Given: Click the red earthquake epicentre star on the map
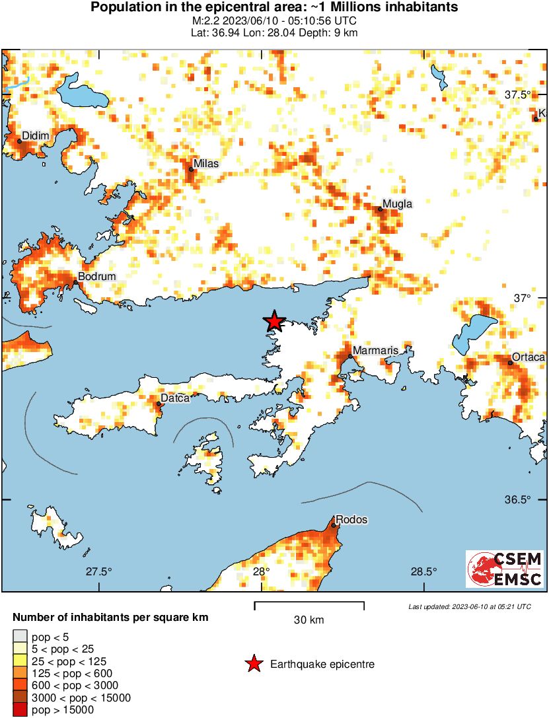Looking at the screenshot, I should (274, 322).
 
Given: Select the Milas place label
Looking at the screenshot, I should (205, 163).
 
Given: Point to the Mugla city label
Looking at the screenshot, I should (398, 204).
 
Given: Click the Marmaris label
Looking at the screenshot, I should (374, 350).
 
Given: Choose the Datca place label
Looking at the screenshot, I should (175, 398).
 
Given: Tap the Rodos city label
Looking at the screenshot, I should (351, 520).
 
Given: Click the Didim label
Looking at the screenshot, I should (36, 136).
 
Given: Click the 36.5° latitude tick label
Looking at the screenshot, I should (518, 499).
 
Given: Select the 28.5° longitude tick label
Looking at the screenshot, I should (423, 571).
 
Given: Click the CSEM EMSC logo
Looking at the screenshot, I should (505, 569).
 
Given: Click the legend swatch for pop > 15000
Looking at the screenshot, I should (19, 710).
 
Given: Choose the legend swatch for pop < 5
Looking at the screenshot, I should (19, 637).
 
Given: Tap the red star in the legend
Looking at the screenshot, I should (253, 664).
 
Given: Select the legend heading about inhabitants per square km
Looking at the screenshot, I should (111, 618).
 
